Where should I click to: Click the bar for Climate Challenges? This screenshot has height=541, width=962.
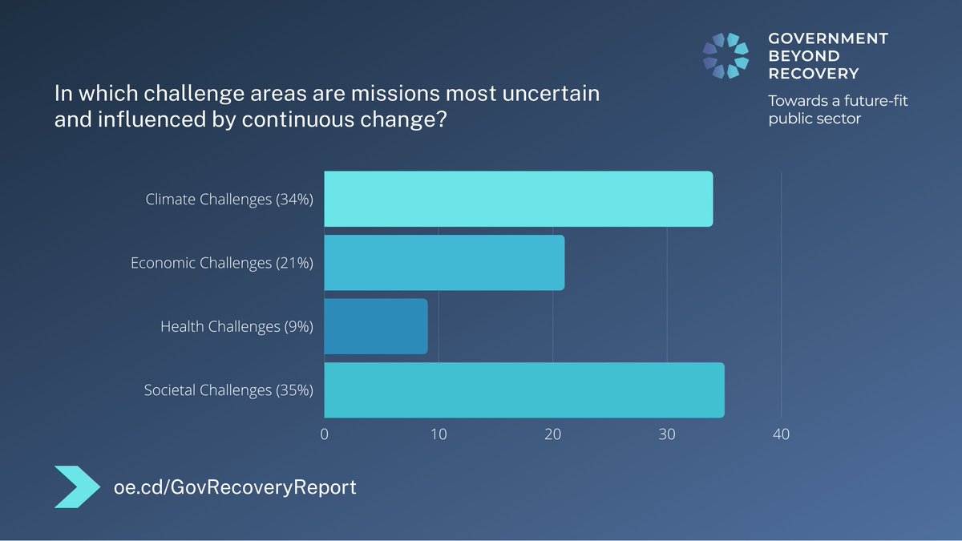tap(518, 199)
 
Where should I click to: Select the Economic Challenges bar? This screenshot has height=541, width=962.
tap(444, 263)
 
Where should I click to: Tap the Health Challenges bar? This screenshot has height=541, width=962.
tap(375, 326)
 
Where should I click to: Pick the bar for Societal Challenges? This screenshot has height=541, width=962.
tap(523, 390)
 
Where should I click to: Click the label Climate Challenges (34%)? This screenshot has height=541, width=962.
tap(228, 200)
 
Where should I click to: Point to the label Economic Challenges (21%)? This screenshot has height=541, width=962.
tap(221, 263)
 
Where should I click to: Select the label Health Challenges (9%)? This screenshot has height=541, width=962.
tap(236, 326)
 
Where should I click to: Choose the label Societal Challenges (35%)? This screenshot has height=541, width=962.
tap(228, 390)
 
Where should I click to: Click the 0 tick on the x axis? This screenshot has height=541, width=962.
tap(325, 434)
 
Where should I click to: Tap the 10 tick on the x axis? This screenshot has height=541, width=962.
tap(439, 434)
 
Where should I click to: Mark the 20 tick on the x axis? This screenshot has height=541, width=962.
tap(552, 434)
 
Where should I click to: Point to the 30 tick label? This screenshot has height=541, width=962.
tap(667, 434)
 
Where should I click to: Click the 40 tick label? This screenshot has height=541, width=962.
tap(781, 434)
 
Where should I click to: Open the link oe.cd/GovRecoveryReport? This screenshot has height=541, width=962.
tap(235, 486)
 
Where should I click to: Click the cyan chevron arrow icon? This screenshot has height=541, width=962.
tap(79, 486)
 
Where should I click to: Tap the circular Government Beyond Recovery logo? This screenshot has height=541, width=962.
tap(726, 56)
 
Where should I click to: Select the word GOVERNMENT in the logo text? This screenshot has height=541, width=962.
tap(828, 38)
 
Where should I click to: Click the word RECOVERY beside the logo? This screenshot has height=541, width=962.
tap(813, 74)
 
